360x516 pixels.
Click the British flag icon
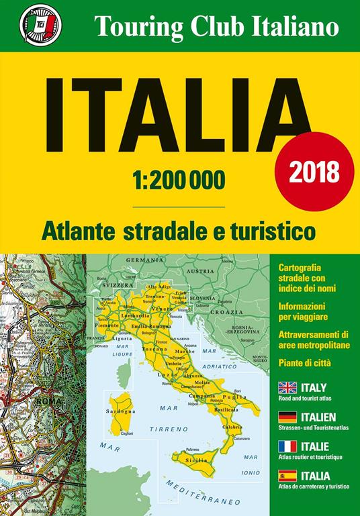tap(287, 389)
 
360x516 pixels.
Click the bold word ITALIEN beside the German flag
tap(322, 417)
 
